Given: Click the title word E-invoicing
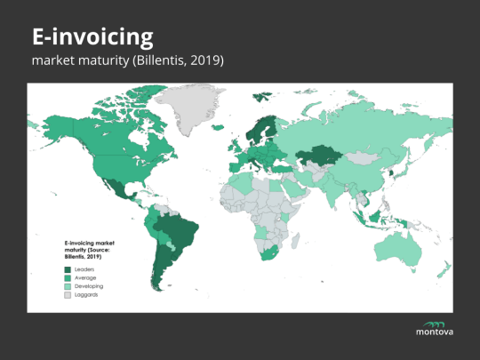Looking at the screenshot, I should [x=92, y=37].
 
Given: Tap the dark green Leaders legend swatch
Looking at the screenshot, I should [x=67, y=268].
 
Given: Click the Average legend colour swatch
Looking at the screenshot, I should [x=67, y=277].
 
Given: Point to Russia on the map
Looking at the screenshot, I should [x=356, y=124].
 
